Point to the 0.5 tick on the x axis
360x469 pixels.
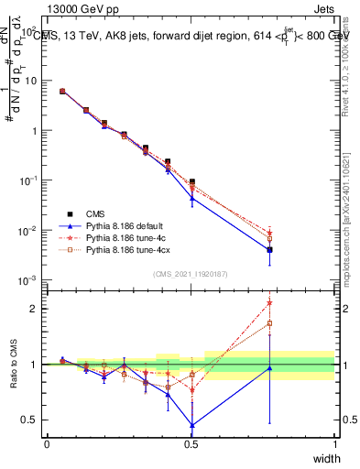tap(191, 443)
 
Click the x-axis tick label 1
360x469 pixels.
tap(334, 443)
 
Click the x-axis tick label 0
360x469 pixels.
tap(47, 443)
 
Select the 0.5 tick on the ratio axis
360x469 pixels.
tap(30, 420)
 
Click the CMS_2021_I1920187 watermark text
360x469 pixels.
tap(191, 274)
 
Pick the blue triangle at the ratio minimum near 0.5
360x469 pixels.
tap(191, 425)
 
